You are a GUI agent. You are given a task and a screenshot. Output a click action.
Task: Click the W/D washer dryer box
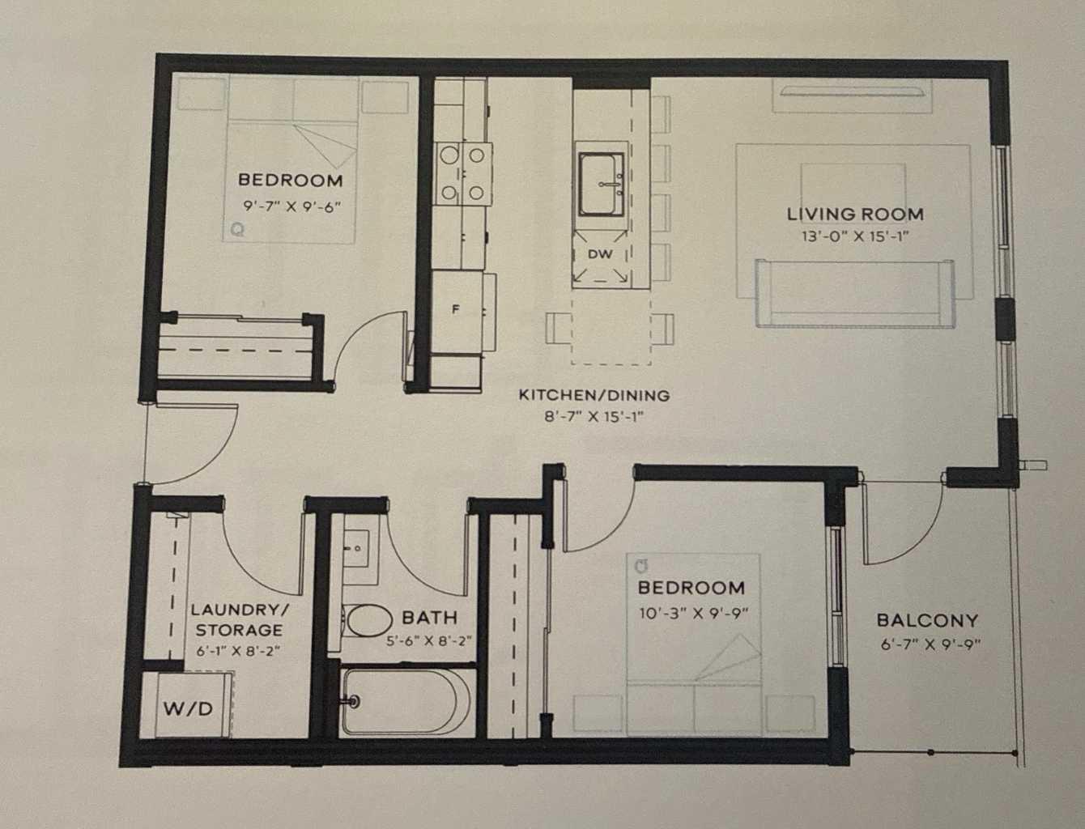(189, 708)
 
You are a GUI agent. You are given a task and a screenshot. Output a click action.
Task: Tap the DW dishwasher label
(600, 254)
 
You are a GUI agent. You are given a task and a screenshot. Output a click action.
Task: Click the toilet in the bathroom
(366, 621)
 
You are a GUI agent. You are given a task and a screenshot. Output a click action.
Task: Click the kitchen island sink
(601, 185)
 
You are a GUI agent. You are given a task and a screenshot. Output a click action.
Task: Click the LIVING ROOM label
(855, 215)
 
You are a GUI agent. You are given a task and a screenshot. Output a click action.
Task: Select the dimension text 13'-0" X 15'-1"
(855, 237)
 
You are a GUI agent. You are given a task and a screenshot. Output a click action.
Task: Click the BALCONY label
(928, 621)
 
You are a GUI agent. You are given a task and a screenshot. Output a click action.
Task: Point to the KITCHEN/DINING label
(594, 396)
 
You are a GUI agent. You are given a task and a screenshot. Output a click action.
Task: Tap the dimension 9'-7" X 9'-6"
(291, 206)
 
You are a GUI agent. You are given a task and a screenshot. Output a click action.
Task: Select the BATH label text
(429, 618)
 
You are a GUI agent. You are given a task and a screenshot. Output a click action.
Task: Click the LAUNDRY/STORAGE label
(237, 619)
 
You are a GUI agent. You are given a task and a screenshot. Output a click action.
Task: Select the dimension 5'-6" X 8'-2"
(429, 640)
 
